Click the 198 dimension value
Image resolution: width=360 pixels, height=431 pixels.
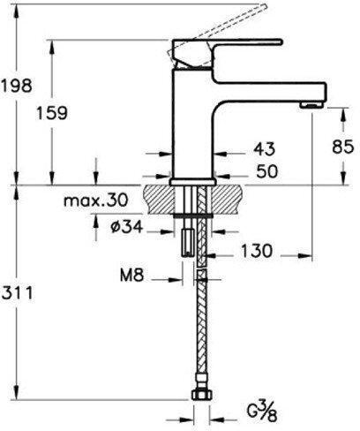[x=17, y=86]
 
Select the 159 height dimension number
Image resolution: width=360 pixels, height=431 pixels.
[x=52, y=112]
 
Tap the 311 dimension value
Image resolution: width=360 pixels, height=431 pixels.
[x=18, y=293]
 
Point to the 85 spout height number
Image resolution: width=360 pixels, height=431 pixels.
[x=342, y=147]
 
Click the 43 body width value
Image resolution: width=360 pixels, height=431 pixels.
[x=265, y=148]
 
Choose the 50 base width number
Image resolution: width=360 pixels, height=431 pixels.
[x=266, y=171]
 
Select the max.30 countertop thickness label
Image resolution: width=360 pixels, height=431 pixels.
[x=96, y=200]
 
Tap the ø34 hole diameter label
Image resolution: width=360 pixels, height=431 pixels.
[x=127, y=227]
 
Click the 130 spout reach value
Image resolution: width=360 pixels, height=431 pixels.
[x=257, y=251]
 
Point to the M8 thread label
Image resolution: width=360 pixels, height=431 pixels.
[x=132, y=276]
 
